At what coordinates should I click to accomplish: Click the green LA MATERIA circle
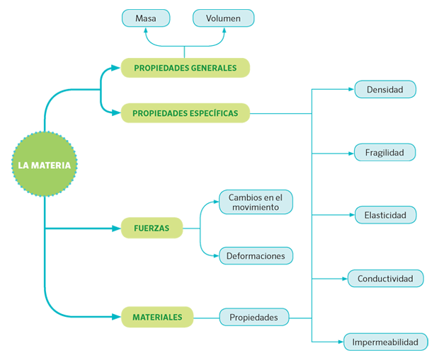click(44, 166)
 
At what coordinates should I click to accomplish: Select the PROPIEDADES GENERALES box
click(185, 68)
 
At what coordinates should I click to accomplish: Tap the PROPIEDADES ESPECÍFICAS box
click(185, 113)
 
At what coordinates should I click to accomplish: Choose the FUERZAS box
click(152, 228)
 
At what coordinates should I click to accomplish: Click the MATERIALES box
click(156, 317)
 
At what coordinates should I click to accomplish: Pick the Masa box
click(145, 18)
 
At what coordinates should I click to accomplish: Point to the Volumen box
click(222, 18)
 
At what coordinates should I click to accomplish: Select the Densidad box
click(384, 90)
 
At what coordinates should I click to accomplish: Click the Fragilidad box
click(384, 152)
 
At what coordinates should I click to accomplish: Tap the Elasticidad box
click(384, 215)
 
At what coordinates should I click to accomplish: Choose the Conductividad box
click(384, 278)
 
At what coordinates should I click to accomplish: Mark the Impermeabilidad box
click(385, 342)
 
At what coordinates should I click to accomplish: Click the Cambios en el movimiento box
click(255, 202)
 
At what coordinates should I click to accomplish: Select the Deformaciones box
click(255, 255)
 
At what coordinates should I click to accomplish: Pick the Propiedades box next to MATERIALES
click(253, 317)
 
